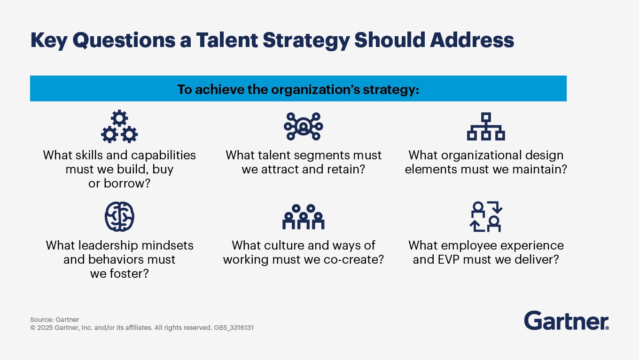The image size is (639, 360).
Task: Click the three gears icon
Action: click(x=119, y=126)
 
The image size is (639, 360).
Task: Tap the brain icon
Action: click(x=119, y=217)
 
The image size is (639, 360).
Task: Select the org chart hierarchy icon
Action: click(x=486, y=126)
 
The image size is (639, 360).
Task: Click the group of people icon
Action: click(x=304, y=217)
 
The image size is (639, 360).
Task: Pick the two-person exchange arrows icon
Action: click(x=486, y=217)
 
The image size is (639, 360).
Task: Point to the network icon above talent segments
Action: click(x=304, y=126)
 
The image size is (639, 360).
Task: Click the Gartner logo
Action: click(x=567, y=321)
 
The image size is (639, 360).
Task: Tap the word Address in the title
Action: click(x=472, y=40)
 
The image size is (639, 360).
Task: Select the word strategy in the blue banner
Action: click(x=391, y=89)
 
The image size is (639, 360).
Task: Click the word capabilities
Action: click(x=164, y=155)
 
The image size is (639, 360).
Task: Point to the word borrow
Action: click(x=127, y=183)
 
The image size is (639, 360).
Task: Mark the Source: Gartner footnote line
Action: click(x=55, y=320)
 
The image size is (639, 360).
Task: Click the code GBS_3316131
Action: click(x=234, y=328)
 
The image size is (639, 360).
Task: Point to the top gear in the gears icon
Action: click(x=119, y=118)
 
